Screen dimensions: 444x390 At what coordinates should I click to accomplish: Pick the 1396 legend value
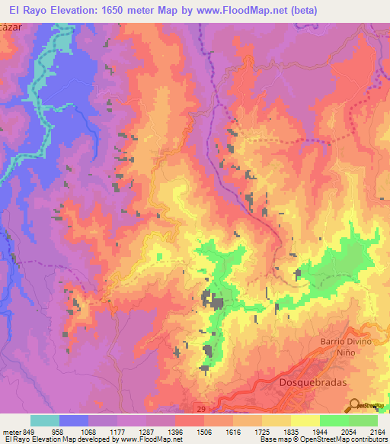click(x=174, y=432)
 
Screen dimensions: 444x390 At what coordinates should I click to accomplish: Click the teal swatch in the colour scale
click(x=45, y=420)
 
